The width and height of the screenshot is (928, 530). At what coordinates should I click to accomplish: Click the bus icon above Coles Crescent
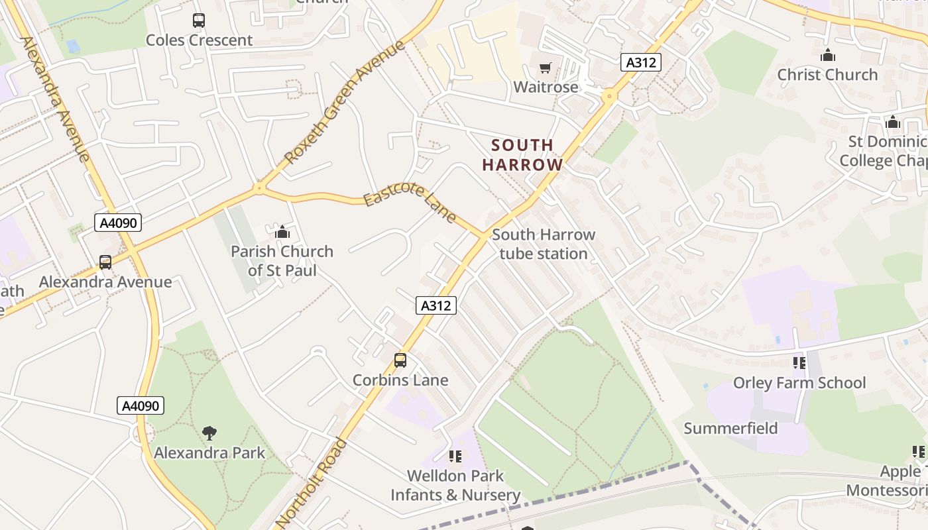pos(199,21)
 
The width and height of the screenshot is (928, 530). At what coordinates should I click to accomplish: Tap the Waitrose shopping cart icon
pos(546,68)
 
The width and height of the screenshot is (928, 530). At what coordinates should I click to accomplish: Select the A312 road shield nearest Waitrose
pos(641,62)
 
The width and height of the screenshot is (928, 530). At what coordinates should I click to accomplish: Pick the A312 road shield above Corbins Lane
pos(436,305)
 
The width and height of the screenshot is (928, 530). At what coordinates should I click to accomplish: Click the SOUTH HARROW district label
pos(522,155)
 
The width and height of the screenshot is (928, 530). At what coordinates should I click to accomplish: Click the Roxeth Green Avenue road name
pos(344,103)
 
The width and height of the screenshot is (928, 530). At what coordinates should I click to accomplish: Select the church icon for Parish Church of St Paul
pos(282,232)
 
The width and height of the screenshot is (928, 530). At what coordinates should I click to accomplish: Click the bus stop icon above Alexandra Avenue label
pos(105,262)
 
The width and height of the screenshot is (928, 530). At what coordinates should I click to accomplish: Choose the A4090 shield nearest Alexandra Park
pos(141,405)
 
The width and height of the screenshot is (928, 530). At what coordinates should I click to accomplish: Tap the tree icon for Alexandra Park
pos(209,433)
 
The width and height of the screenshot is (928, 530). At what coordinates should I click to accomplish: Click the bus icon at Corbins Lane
pos(400,360)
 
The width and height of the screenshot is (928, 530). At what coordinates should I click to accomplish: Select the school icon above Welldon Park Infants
pos(455,456)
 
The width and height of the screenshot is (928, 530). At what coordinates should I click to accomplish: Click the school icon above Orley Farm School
pos(799,362)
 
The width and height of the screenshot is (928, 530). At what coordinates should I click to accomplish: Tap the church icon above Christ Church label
pos(827,56)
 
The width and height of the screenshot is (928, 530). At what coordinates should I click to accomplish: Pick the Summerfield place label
pos(730,429)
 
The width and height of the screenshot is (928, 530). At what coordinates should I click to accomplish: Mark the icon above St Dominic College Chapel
pos(892,122)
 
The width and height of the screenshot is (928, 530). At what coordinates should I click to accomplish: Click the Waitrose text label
pos(546,87)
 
